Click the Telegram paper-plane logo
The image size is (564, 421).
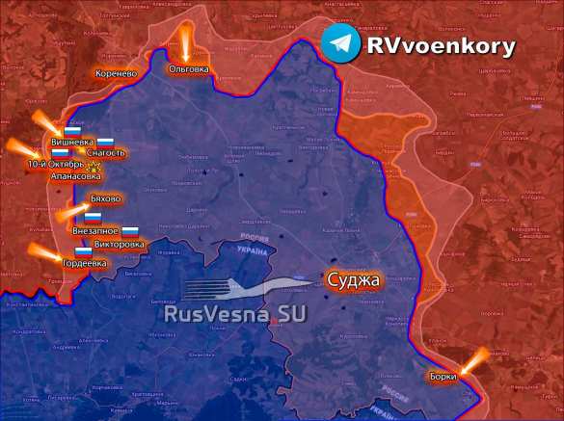[x=341, y=45]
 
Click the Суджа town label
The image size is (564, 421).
[x=354, y=280]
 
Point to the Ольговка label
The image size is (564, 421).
[x=188, y=69]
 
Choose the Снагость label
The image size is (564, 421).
[x=106, y=153]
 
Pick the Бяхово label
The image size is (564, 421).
[x=105, y=198]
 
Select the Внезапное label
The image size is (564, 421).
[x=95, y=231]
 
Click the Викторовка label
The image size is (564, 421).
[x=121, y=244]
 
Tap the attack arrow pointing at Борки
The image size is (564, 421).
[x=472, y=363]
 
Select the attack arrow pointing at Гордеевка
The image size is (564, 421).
[x=43, y=254]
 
